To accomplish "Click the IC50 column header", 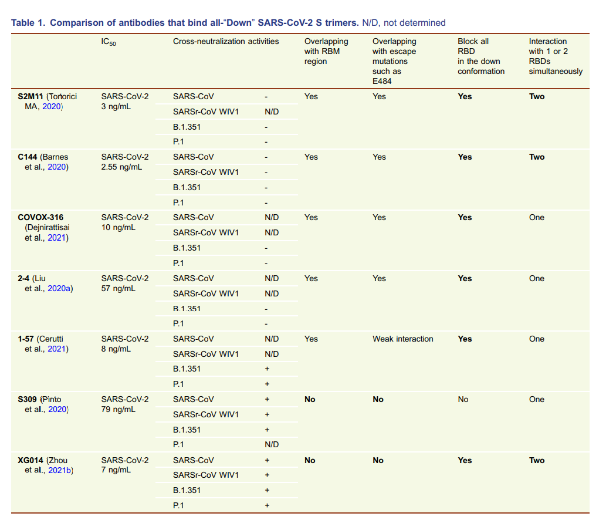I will (x=109, y=42).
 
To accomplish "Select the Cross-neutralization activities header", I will (x=226, y=42).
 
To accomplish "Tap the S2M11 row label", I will (x=31, y=96).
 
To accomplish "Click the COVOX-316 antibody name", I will (x=40, y=217).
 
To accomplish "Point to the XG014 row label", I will (x=31, y=460).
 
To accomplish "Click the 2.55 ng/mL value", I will (x=121, y=167).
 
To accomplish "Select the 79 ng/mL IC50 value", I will (x=119, y=409).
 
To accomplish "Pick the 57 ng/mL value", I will (x=119, y=288).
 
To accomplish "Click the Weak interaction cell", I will (x=403, y=339).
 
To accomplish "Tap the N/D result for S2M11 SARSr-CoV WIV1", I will (x=272, y=112).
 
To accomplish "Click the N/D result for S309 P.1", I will (x=272, y=444).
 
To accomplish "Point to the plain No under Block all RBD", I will (x=463, y=399).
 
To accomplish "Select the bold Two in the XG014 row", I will (x=537, y=460).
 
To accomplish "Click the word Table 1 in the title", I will (x=28, y=23).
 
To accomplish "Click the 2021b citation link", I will (x=60, y=470).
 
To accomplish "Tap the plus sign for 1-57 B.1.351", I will (x=267, y=369).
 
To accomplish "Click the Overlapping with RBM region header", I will (x=326, y=51).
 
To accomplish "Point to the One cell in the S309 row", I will (x=537, y=399).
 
